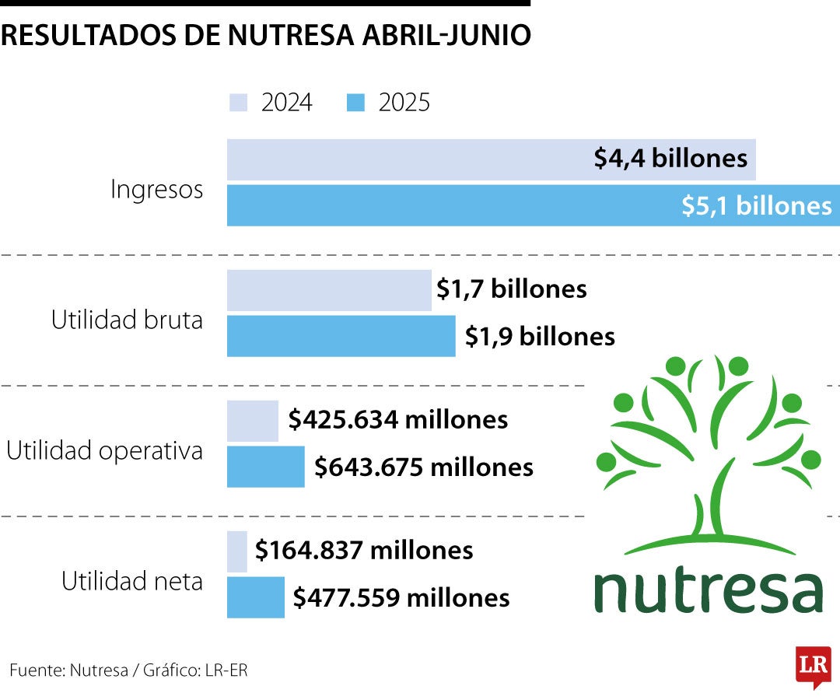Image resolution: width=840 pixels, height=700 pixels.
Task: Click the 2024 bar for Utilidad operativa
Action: tap(253, 421)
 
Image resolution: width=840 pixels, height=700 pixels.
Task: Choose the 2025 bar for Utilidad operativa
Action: tap(265, 467)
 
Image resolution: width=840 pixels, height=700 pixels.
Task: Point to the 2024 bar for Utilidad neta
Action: tap(237, 551)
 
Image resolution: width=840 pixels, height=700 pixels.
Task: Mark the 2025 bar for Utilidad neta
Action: tap(256, 598)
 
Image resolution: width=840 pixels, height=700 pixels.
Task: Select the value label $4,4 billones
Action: tap(670, 159)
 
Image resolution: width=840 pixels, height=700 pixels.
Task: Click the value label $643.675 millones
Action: tap(424, 467)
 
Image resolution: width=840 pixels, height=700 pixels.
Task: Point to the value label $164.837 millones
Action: tap(364, 551)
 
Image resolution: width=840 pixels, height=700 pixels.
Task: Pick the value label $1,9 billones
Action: tap(540, 336)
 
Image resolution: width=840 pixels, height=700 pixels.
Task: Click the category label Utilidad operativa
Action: tap(104, 451)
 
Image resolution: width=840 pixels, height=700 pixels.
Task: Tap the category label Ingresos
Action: tap(156, 190)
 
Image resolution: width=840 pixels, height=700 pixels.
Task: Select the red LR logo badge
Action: tap(813, 667)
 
